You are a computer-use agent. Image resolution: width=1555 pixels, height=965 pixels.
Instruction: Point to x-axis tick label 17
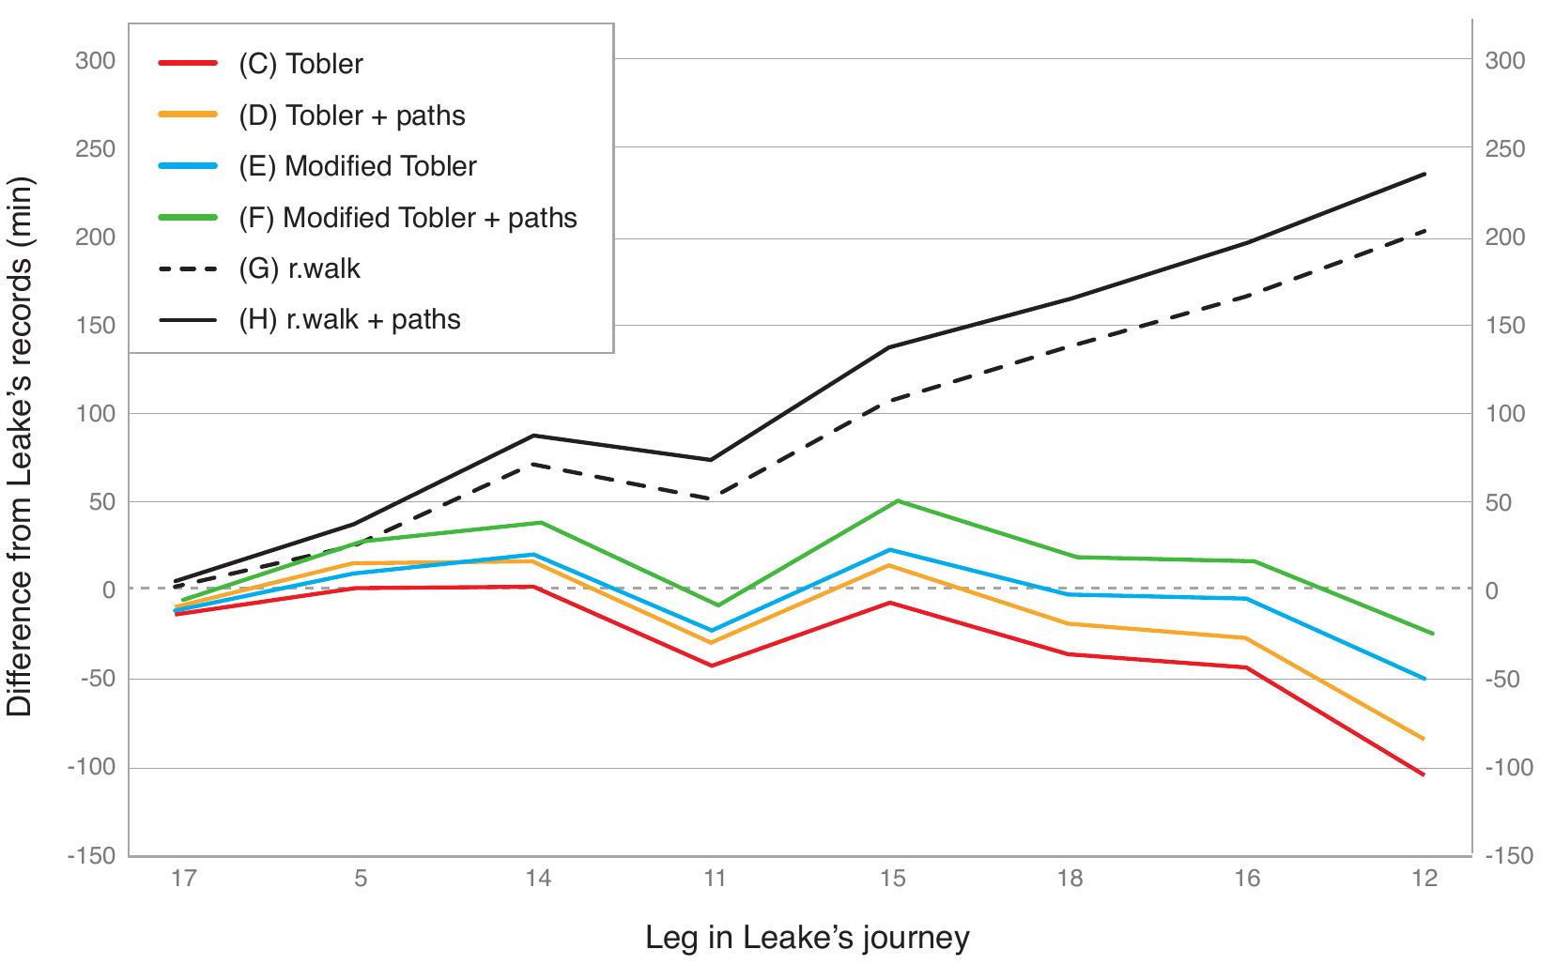coord(183,880)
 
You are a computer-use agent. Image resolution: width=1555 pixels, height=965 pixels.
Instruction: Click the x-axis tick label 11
coord(715,880)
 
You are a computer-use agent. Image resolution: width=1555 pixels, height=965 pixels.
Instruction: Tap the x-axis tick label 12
coord(1424,880)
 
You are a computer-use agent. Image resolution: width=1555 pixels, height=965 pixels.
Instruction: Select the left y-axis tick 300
coord(95,60)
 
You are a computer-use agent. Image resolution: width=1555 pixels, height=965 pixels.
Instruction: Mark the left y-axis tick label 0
coord(108,590)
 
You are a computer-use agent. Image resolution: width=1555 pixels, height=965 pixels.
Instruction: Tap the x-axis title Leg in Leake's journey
coord(807,938)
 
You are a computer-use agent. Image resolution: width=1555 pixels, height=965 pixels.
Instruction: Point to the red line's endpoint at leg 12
coord(1424,774)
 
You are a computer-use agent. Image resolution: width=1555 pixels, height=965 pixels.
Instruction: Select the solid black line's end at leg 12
coord(1424,174)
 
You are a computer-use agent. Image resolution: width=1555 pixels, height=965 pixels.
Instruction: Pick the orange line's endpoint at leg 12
coord(1424,740)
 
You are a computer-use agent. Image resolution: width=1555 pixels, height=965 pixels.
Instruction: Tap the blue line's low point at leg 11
coord(712,631)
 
